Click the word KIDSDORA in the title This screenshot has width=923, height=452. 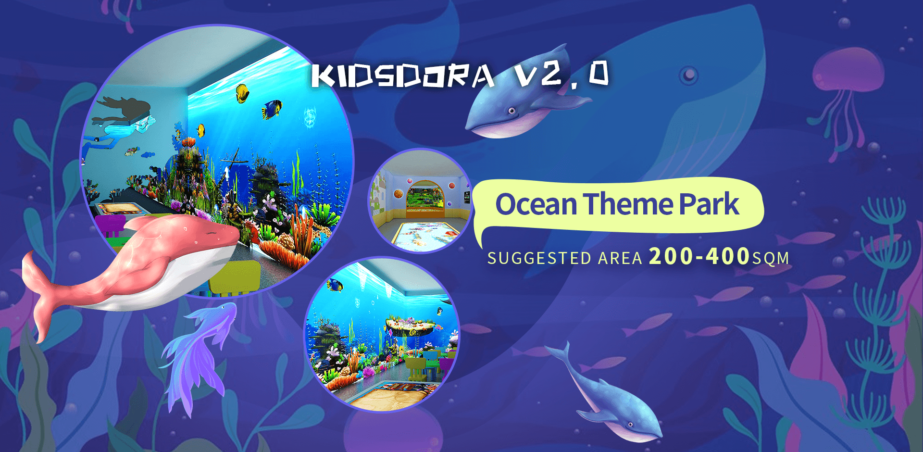[403, 76]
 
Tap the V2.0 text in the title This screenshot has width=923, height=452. [561, 75]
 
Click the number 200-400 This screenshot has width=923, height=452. [699, 256]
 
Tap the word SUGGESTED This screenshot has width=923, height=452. [539, 259]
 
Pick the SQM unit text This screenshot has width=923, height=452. [771, 259]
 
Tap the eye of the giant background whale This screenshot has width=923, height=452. [689, 75]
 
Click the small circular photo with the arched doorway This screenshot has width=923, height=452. [420, 201]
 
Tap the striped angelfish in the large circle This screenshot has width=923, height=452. [272, 109]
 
